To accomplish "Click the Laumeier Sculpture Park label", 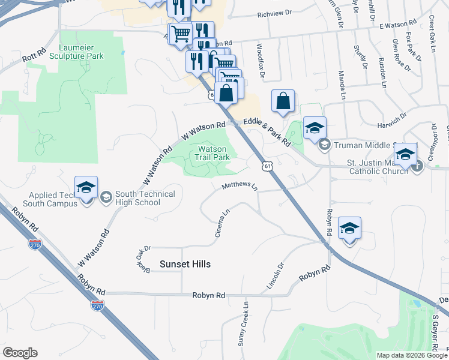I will [x=82, y=52].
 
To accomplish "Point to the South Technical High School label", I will [x=137, y=198].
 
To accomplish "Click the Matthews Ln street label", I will [x=239, y=187].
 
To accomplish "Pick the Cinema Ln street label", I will [x=221, y=223].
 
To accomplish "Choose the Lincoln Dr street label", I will [x=279, y=274].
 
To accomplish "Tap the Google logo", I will [x=20, y=353].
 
